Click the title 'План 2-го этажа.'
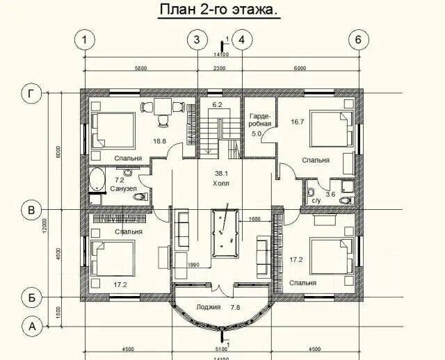tap(222, 10)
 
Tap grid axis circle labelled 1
tap(85, 40)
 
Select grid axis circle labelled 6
tap(358, 40)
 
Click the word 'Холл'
tap(222, 183)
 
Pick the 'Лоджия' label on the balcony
tap(209, 306)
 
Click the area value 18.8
tap(160, 141)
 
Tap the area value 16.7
tap(298, 122)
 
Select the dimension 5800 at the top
tap(140, 68)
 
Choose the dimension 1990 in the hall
tap(193, 265)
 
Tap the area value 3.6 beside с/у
tap(331, 195)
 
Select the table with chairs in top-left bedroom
tap(163, 109)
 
